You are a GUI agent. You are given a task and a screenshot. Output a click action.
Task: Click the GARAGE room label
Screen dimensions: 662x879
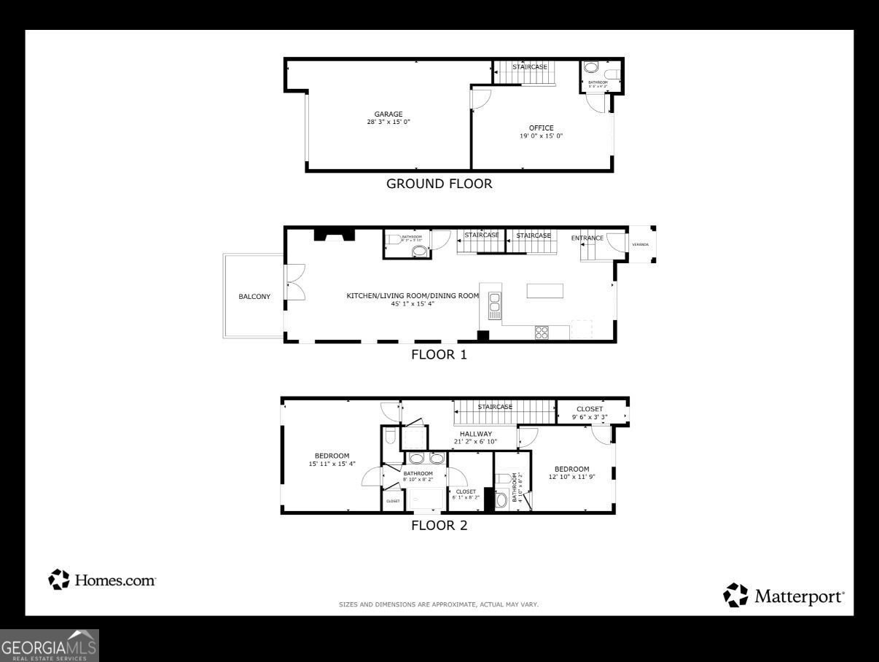coord(388,114)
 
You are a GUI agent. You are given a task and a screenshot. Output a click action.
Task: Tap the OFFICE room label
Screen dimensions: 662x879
coord(541,128)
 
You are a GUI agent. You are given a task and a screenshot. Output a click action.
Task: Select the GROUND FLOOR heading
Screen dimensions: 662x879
coord(439,184)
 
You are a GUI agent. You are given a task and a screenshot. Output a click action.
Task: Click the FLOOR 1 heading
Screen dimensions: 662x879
coord(439,355)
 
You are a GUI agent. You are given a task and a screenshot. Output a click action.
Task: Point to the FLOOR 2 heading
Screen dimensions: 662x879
coord(439,525)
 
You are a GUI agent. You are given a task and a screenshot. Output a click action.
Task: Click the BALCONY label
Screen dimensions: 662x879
coord(254,297)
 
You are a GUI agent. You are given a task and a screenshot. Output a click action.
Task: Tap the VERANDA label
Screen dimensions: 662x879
coord(640,244)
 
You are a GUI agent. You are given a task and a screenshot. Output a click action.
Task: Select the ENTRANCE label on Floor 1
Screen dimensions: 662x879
coord(587,238)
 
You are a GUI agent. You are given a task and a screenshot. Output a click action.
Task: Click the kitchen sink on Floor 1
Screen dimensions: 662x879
coord(495,305)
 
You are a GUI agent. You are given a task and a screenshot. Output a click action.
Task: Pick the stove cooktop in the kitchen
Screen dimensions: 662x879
coord(542,332)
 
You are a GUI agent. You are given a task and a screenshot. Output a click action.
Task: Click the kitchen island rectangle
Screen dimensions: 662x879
coord(545,291)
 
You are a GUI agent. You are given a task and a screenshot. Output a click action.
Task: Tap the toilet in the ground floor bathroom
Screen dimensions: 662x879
coord(591,68)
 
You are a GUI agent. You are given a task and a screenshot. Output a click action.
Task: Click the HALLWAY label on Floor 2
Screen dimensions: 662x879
coord(475,434)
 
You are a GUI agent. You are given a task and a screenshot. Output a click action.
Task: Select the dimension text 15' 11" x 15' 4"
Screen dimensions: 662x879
coord(332,464)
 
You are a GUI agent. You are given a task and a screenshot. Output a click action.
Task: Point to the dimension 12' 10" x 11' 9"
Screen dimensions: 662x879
coord(571,478)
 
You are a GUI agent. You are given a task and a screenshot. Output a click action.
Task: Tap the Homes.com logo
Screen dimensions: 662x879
coord(102,580)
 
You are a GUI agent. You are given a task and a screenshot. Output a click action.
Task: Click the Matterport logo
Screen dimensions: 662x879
coord(784,596)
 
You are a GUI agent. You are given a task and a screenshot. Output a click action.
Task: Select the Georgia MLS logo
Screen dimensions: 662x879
coord(49,646)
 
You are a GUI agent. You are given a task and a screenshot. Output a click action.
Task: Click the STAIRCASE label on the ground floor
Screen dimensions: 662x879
coord(529,67)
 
